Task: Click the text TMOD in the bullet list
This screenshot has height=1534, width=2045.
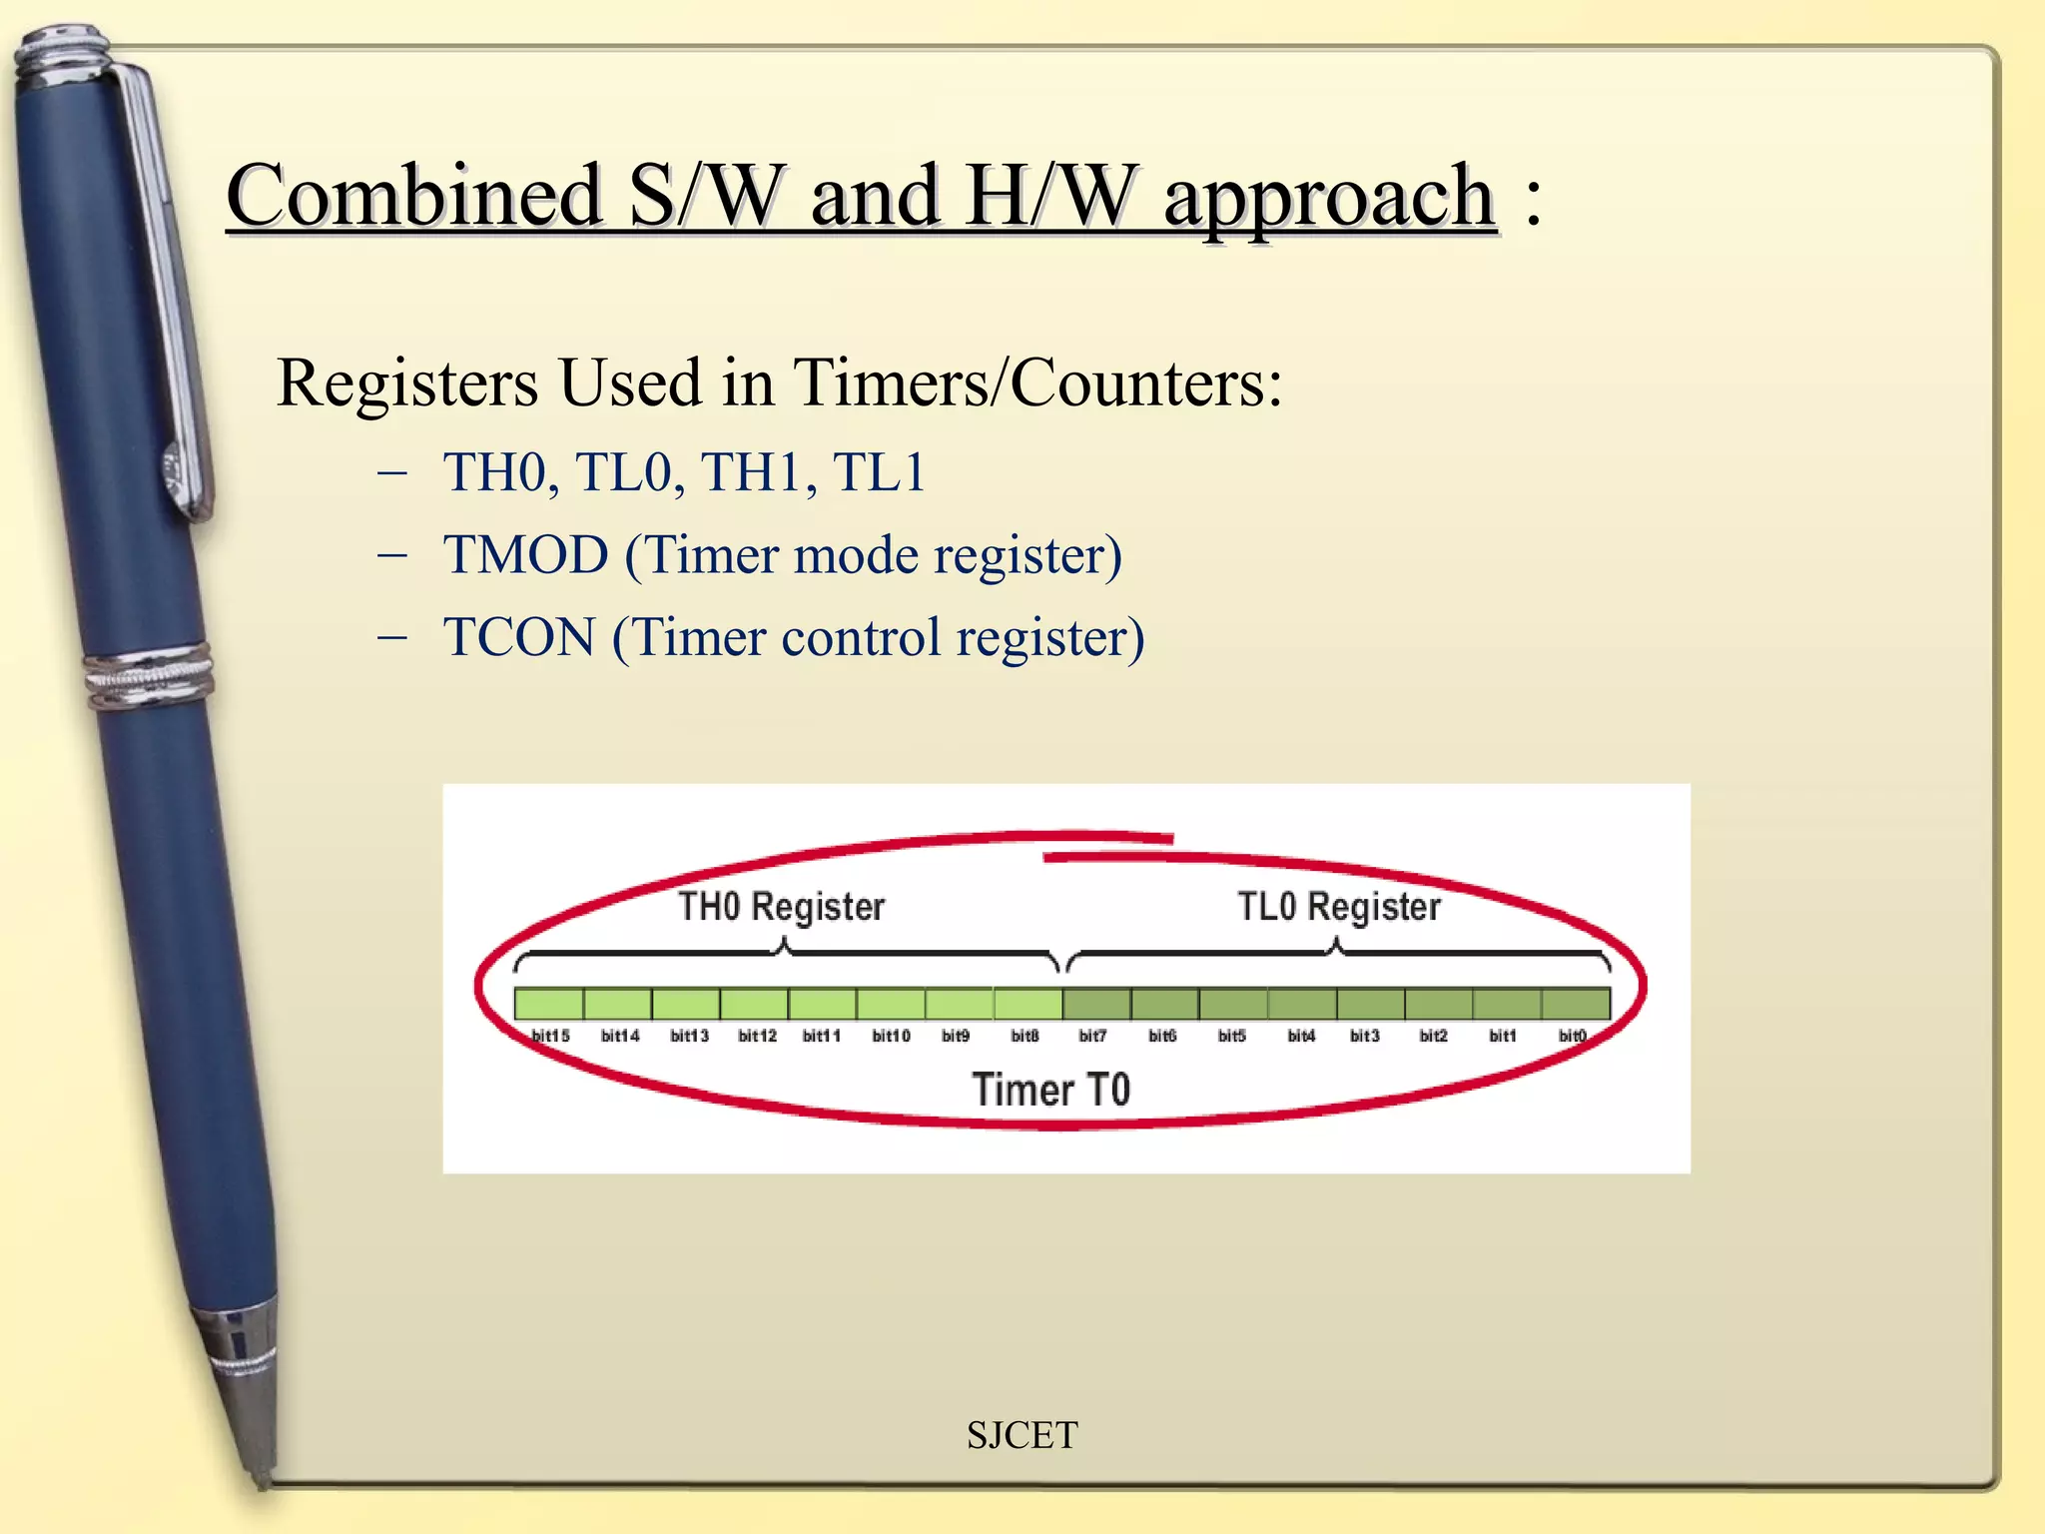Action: coord(526,555)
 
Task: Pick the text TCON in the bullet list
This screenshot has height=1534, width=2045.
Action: coord(519,637)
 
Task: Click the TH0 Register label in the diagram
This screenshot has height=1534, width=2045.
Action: coord(781,907)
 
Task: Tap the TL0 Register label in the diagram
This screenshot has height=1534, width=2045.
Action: coord(1339,907)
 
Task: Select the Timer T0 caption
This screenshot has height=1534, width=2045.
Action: coord(1050,1089)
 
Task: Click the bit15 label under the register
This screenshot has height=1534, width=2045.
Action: coord(550,1036)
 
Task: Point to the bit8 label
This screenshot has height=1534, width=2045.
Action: coord(1024,1036)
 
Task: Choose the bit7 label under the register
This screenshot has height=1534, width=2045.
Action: coord(1092,1036)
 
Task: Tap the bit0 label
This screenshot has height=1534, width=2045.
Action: coord(1572,1036)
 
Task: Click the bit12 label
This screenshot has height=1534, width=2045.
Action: coord(757,1036)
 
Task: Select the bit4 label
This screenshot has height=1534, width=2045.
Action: coord(1301,1036)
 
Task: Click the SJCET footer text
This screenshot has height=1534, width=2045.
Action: coord(1022,1435)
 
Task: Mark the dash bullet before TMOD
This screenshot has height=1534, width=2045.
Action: coord(392,555)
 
